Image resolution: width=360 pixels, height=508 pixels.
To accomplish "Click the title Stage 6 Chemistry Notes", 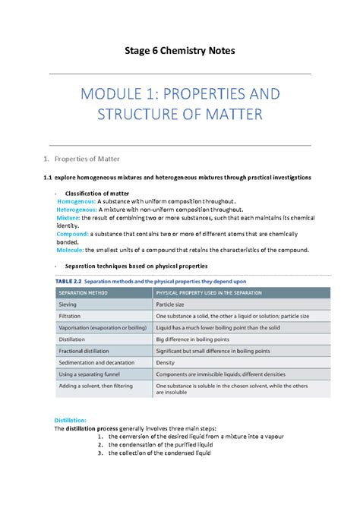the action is tap(180, 50).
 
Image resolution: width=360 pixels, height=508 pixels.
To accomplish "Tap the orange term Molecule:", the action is tap(71, 250).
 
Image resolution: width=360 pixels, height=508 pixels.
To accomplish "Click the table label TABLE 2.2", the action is tap(71, 279).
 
